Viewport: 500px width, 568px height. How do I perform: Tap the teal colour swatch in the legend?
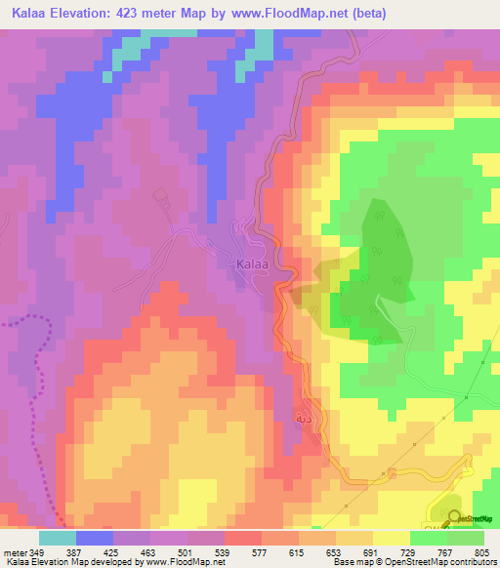pos(57,538)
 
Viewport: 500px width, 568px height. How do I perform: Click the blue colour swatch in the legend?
pos(94,538)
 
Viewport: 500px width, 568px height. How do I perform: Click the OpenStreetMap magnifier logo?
pos(454,519)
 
